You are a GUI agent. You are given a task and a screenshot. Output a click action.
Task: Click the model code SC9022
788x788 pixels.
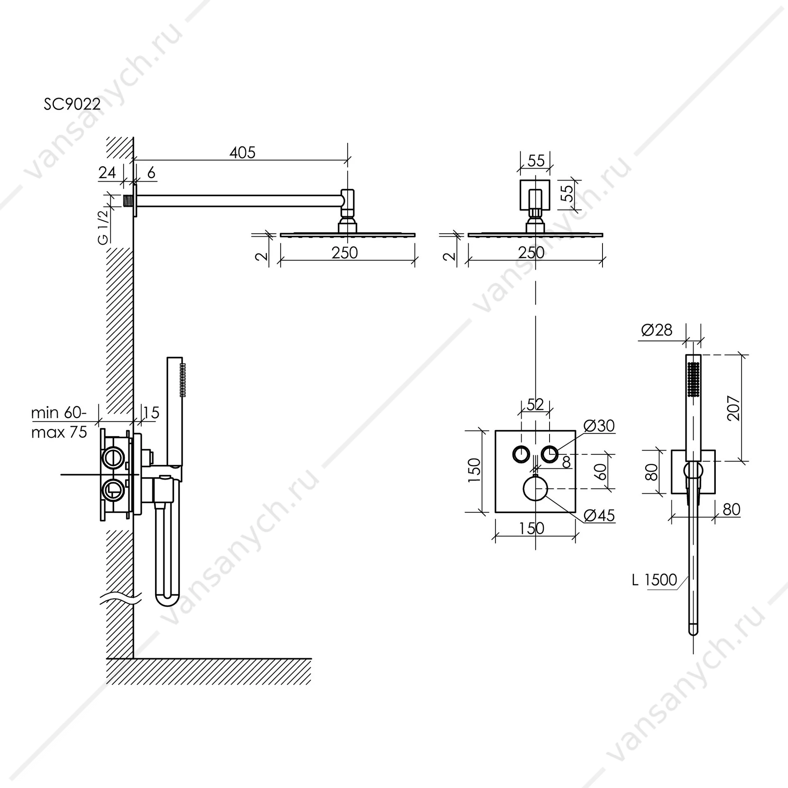tap(72, 104)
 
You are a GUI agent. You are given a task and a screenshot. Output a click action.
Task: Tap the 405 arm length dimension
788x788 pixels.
tap(243, 153)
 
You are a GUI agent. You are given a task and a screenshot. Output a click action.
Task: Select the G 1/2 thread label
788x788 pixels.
tap(103, 226)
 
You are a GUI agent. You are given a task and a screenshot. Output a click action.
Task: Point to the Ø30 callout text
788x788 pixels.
tap(599, 426)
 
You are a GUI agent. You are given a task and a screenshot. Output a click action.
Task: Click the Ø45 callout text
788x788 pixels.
tap(599, 515)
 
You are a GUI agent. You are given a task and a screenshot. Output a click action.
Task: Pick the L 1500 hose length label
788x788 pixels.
tap(655, 580)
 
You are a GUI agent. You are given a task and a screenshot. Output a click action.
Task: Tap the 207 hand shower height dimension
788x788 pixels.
tap(733, 408)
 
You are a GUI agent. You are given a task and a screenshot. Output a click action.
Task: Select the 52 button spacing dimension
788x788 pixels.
tap(535, 405)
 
